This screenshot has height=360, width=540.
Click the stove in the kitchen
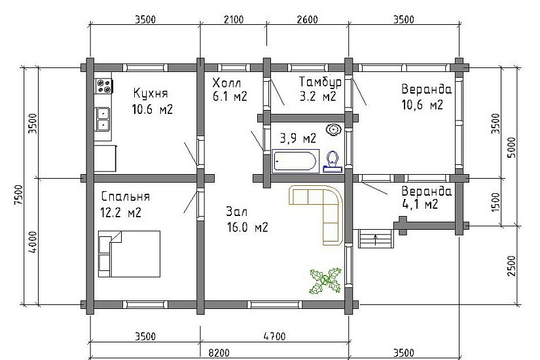(x=104, y=86)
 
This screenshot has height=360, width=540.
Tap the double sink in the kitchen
(x=103, y=119)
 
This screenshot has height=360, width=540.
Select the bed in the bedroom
(x=129, y=254)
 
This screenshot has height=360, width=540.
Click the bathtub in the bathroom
(x=295, y=161)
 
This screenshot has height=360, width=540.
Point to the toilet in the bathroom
(x=333, y=162)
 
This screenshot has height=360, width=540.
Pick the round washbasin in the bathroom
(x=334, y=130)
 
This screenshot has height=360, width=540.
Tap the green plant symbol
(x=325, y=281)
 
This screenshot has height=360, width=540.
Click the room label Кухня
(x=151, y=93)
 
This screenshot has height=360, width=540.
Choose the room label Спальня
(x=126, y=197)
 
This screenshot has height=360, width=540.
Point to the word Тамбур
(x=320, y=82)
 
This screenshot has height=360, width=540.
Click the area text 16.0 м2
(x=247, y=227)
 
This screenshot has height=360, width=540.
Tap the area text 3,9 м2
(x=298, y=139)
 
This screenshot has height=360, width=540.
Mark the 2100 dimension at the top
(x=234, y=19)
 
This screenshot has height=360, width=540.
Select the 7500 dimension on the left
(x=19, y=195)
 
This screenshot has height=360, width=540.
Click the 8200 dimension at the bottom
(x=219, y=353)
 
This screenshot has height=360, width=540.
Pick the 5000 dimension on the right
(x=512, y=147)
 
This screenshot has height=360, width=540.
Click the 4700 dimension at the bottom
(x=274, y=336)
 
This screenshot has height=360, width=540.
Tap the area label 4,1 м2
(x=420, y=205)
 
